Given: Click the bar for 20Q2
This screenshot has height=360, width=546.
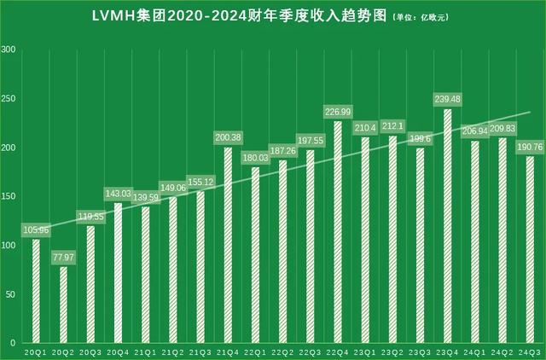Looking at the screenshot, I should [x=63, y=305].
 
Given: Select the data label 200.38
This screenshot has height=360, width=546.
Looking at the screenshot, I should [x=229, y=137].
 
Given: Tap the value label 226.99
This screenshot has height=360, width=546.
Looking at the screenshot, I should [x=338, y=112].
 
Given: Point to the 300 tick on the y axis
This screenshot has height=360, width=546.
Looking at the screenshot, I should [x=9, y=50].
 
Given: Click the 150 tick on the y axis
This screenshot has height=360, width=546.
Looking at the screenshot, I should [x=9, y=197].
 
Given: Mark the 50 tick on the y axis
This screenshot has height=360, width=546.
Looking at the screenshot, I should [x=12, y=294].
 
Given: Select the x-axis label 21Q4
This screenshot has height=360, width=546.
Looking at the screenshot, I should [x=229, y=351].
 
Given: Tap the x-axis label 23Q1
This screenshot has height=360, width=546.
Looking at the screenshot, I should [x=365, y=351].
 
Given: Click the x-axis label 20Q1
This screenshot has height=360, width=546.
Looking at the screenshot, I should [x=36, y=351].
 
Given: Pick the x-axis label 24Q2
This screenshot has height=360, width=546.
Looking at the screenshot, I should [x=502, y=351].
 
